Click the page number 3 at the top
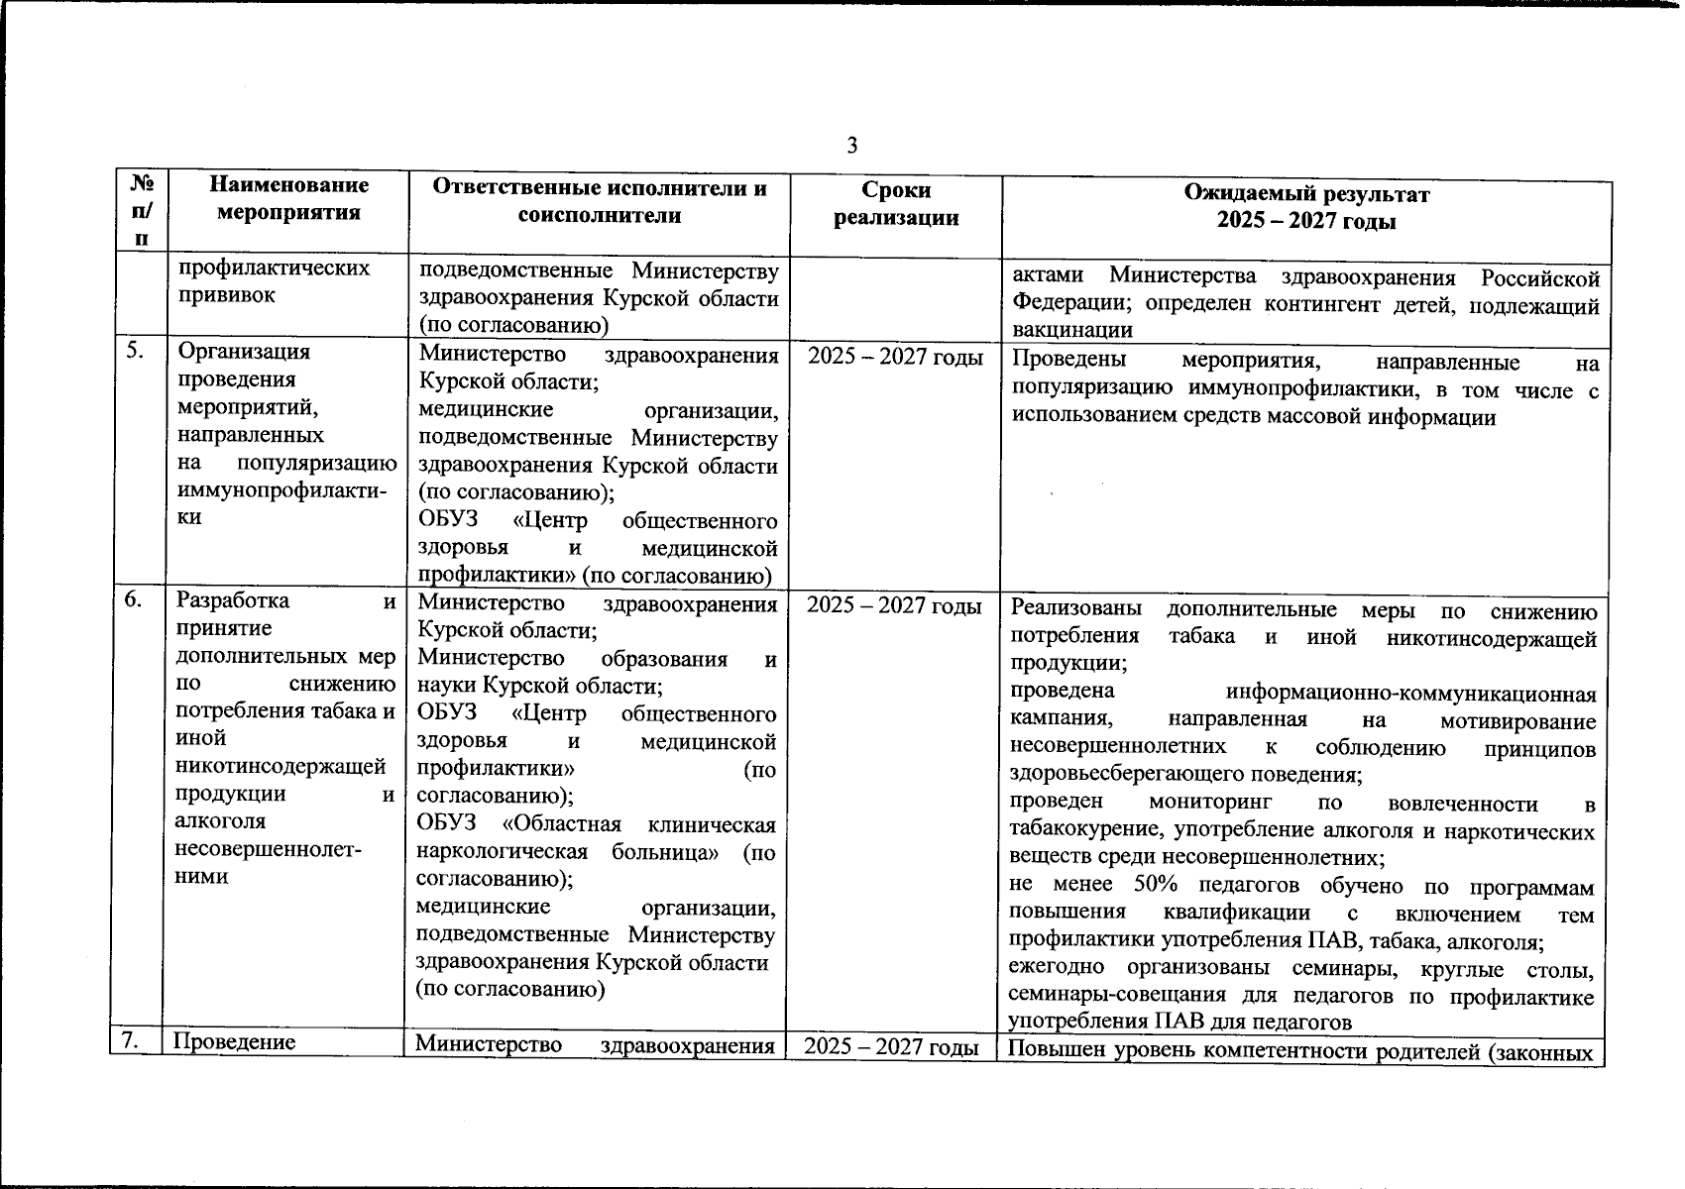[851, 147]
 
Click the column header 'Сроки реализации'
[896, 204]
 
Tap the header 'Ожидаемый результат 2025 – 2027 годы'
[1306, 207]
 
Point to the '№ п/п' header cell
[142, 210]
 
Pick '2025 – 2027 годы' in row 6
[894, 605]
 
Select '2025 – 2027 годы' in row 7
[890, 1046]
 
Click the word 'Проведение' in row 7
[235, 1041]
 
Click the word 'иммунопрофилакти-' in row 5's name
[281, 490]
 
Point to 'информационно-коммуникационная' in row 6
[1410, 693]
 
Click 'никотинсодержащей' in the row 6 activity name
[280, 765]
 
